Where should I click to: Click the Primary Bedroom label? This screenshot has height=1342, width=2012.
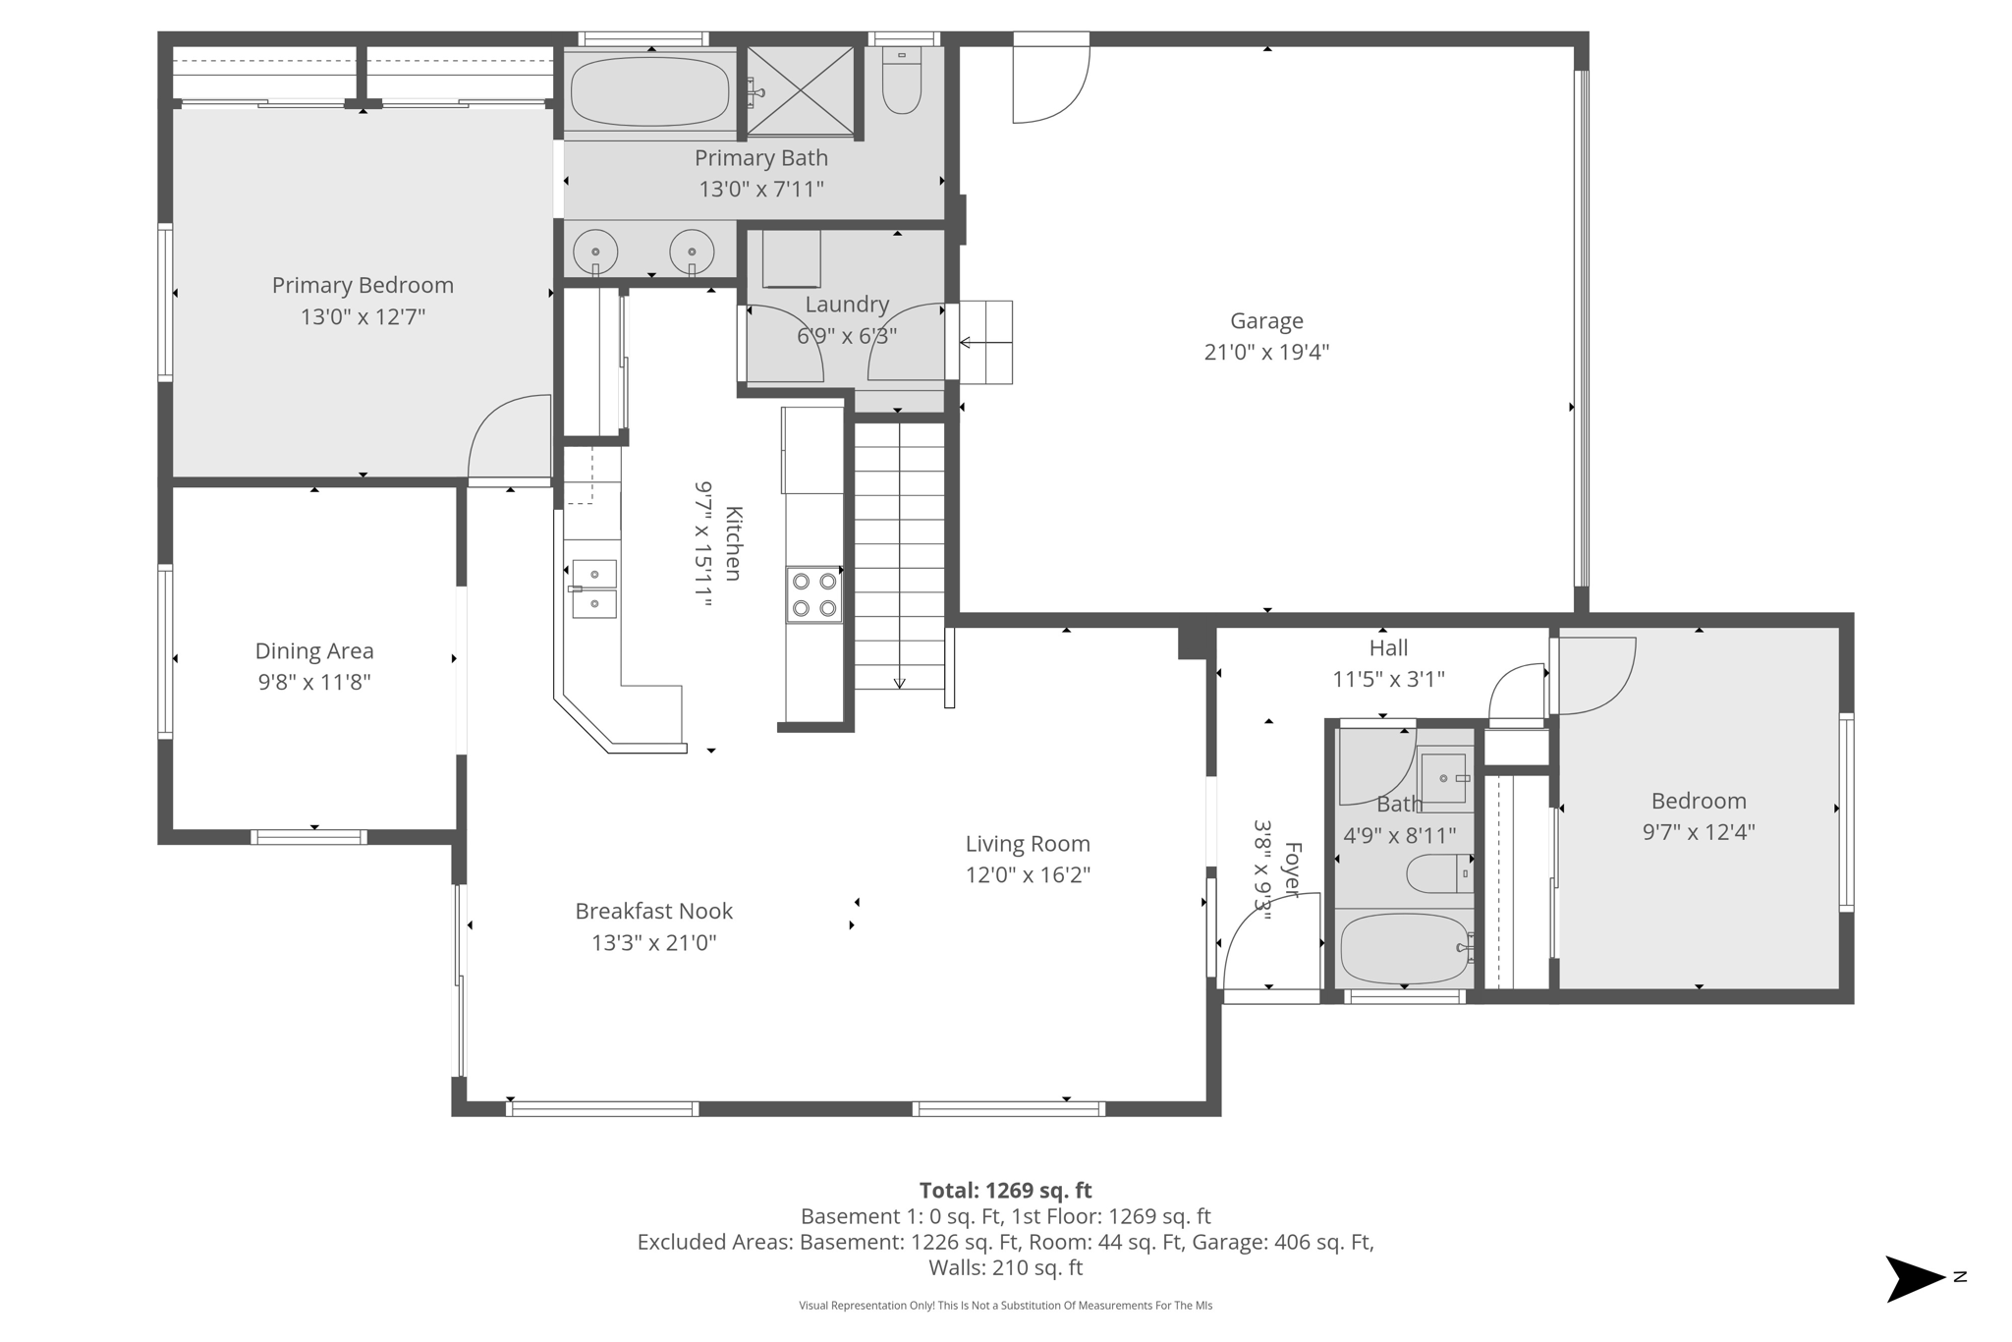363,286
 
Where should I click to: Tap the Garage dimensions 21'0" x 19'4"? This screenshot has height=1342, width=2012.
1266,353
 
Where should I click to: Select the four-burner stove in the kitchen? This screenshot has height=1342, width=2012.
813,594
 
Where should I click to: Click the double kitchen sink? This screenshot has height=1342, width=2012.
594,588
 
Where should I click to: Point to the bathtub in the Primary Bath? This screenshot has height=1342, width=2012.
649,91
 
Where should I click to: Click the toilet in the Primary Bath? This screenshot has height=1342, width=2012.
901,83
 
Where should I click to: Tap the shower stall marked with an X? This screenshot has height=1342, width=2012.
801,90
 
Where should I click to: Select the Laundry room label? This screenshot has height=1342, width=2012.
847,305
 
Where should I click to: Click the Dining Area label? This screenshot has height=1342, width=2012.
314,650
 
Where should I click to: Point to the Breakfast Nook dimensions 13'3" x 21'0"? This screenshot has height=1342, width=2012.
653,943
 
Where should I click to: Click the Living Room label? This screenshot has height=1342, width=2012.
1028,844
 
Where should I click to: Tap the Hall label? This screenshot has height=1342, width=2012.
1388,648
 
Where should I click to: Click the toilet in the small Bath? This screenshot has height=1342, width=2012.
1437,873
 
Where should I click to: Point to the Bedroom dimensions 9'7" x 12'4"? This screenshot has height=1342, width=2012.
1699,832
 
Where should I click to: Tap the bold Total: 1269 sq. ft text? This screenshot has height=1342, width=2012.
1005,1191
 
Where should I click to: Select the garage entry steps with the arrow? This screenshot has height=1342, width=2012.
985,342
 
